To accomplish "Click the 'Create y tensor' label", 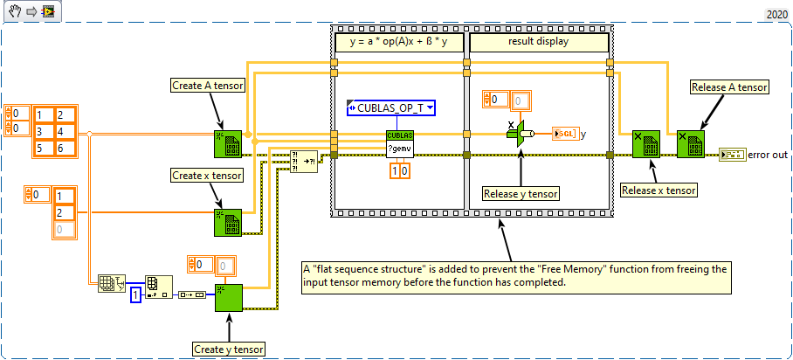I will click(229, 350).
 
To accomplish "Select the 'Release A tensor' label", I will click(729, 87).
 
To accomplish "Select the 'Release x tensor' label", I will click(658, 190).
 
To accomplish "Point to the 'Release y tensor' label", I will click(521, 193).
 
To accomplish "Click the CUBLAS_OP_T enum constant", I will click(391, 108).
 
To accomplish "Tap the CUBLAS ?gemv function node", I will click(399, 144).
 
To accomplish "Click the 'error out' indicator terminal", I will click(731, 155).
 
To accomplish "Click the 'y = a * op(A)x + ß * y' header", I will click(398, 41).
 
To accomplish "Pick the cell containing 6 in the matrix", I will click(64, 149).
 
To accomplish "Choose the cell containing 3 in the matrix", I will click(42, 132).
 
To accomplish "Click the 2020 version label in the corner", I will click(776, 15).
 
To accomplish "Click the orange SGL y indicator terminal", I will click(564, 134).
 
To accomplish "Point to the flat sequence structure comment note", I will click(514, 275).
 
